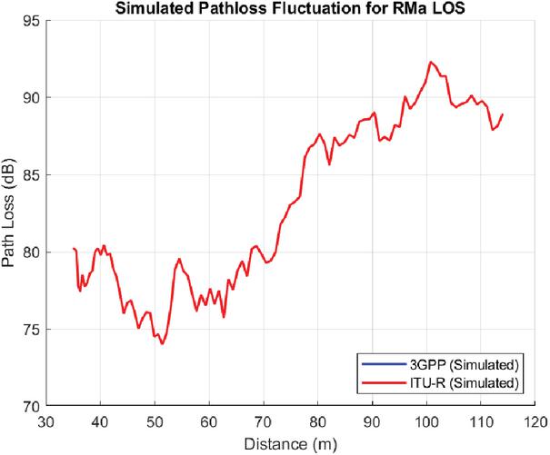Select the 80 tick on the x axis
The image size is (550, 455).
click(318, 421)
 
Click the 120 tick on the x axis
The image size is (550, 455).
click(536, 421)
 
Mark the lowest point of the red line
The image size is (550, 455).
click(162, 344)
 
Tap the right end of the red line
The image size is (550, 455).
click(502, 114)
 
